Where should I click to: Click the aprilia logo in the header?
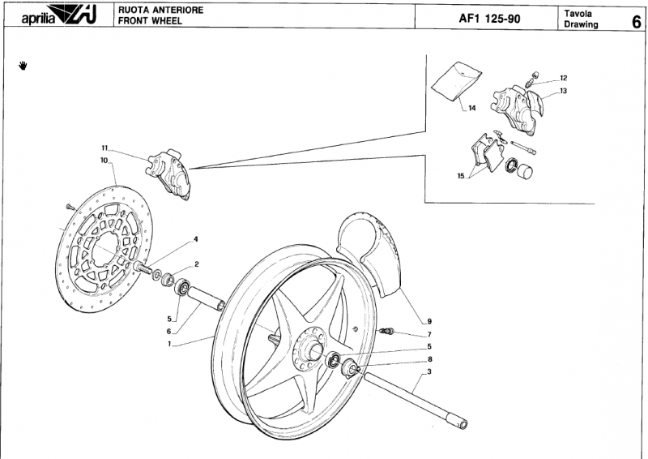59,16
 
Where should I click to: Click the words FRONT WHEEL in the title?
150,21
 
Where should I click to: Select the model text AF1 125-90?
490,19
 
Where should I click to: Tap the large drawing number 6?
637,22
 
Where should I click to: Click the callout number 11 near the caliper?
104,148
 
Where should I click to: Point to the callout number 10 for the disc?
104,160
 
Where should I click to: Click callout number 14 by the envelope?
472,109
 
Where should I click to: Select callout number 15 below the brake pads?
461,176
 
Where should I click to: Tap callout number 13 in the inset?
564,91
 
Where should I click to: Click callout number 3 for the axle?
429,371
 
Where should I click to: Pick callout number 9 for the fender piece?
429,321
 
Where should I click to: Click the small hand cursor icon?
23,66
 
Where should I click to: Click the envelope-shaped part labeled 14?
456,81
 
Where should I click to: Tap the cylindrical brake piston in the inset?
526,170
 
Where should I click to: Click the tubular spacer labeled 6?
207,298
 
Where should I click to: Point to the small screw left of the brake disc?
70,206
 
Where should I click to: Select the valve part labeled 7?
386,331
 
